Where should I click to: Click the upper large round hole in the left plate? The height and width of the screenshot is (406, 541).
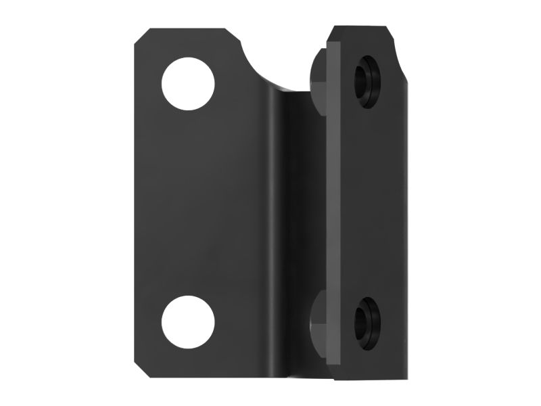coord(188,84)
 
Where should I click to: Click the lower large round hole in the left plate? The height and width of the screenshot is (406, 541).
coord(188,321)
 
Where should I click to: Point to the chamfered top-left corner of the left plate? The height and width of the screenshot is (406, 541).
coord(141,37)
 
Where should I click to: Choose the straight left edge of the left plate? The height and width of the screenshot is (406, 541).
coord(134,203)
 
